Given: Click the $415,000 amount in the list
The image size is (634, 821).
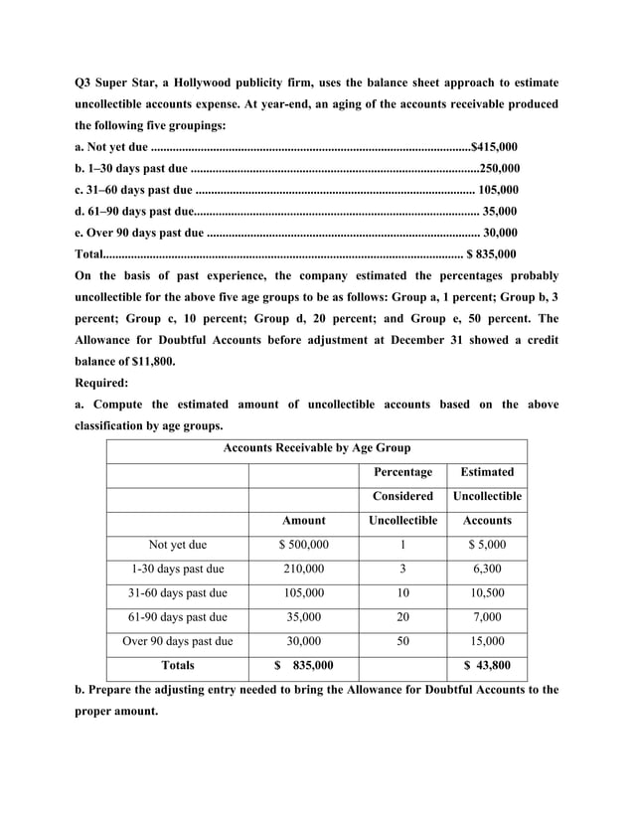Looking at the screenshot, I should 494,146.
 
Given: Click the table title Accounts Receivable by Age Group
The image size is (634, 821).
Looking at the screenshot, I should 316,448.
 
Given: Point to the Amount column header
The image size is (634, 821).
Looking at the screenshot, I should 303,520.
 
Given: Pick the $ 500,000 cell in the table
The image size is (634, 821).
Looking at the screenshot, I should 303,545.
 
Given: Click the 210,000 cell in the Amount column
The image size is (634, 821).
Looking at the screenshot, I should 303,569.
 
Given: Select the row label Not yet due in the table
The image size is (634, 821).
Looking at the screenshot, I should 177,545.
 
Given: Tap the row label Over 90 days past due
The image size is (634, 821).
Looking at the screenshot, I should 177,641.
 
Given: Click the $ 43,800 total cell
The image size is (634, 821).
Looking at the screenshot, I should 487,666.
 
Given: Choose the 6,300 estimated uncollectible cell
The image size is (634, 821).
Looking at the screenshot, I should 487,569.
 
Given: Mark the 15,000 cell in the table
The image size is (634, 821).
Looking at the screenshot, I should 487,641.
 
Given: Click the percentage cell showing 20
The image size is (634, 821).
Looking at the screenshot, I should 402,617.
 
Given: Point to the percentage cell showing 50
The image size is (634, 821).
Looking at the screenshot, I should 402,641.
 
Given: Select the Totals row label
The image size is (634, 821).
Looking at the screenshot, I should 177,665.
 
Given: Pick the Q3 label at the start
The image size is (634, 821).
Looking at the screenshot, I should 85,82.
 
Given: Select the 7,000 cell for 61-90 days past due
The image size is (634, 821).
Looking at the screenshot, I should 487,617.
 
